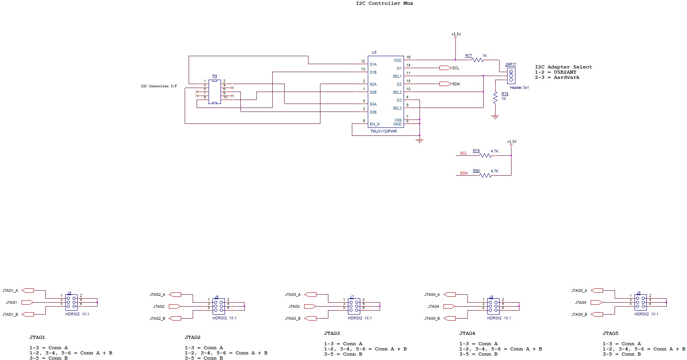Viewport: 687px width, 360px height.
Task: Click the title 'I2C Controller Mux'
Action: pyautogui.click(x=384, y=4)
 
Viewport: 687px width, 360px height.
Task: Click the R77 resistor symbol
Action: pyautogui.click(x=478, y=60)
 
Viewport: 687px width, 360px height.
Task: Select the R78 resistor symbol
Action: pyautogui.click(x=495, y=98)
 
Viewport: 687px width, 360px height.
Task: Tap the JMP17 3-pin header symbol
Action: pyautogui.click(x=511, y=76)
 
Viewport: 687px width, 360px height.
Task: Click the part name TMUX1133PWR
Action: pyautogui.click(x=383, y=131)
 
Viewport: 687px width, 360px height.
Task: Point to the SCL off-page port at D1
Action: pyautogui.click(x=445, y=68)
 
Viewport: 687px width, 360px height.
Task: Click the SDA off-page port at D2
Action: pyautogui.click(x=445, y=84)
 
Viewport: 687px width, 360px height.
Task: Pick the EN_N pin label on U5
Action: pyautogui.click(x=375, y=124)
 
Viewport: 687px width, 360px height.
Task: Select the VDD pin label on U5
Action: pyautogui.click(x=397, y=61)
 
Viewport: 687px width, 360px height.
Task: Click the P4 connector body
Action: pyautogui.click(x=215, y=92)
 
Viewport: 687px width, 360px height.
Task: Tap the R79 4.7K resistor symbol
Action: pyautogui.click(x=486, y=156)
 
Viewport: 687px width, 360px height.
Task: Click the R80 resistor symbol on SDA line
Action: pyautogui.click(x=486, y=176)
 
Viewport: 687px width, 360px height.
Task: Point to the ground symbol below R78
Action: pyautogui.click(x=495, y=117)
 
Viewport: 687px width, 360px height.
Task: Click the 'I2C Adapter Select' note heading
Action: pyautogui.click(x=563, y=67)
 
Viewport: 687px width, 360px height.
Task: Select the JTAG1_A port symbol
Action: pyautogui.click(x=28, y=291)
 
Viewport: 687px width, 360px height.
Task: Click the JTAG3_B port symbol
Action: pyautogui.click(x=310, y=319)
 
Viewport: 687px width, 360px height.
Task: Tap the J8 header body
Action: pyautogui.click(x=493, y=307)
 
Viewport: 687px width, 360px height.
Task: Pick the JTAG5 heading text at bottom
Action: pyautogui.click(x=610, y=334)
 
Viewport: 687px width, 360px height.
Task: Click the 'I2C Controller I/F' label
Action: pyautogui.click(x=159, y=86)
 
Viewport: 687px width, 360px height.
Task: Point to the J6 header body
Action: pyautogui.click(x=219, y=307)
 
